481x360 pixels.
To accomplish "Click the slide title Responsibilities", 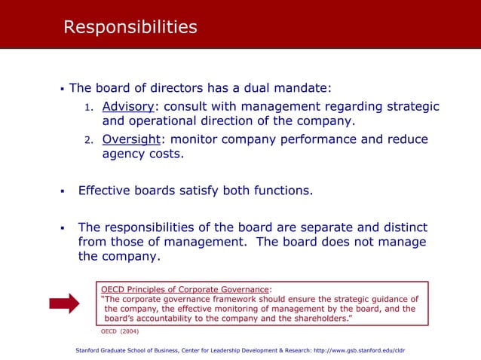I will coord(130,28).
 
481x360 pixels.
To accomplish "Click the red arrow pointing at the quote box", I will coord(64,304).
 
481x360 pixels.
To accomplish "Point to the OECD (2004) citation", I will coord(120,331).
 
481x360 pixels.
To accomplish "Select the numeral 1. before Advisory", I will coord(88,107).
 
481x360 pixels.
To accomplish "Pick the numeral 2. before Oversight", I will coord(88,141).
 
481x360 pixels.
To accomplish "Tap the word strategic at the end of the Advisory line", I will coord(412,106).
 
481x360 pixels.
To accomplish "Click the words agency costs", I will coord(142,155).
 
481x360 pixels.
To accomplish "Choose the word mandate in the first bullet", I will coord(304,88).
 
